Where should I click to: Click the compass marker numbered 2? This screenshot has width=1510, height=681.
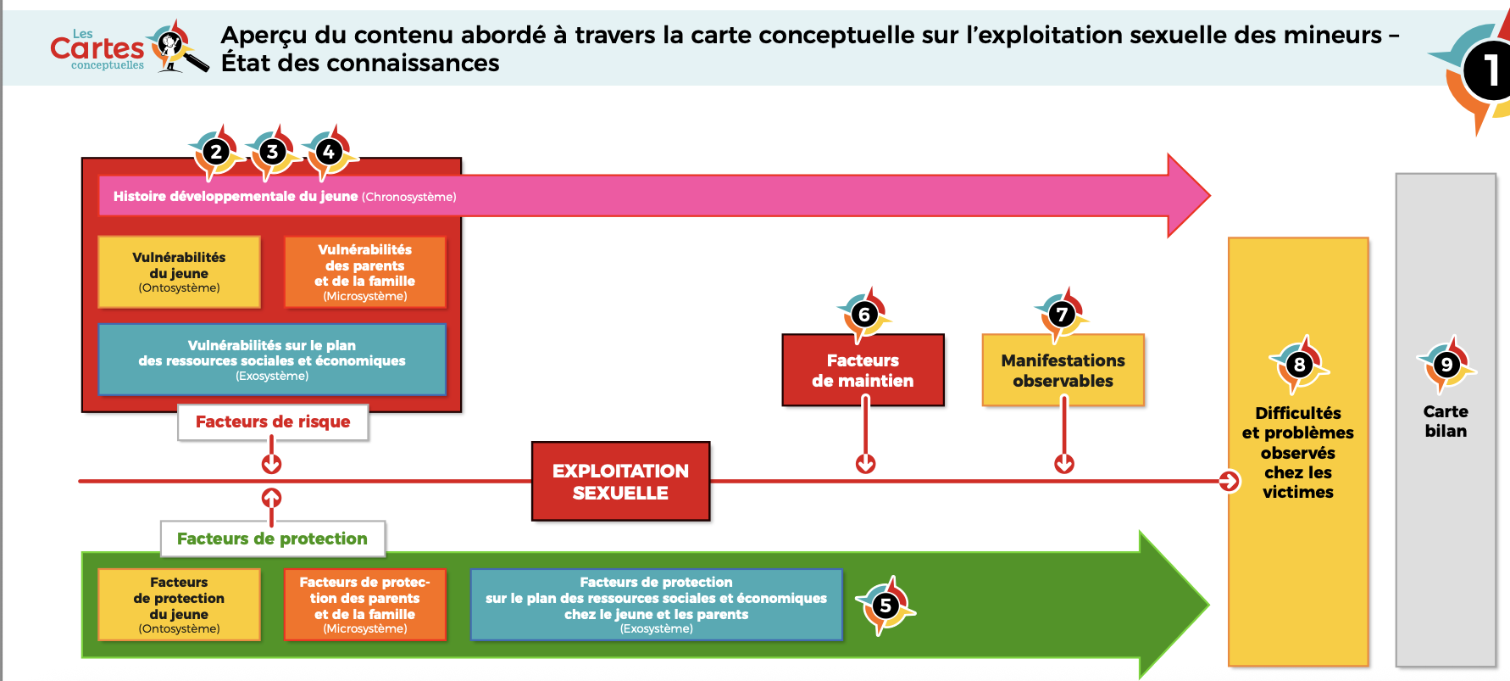tap(216, 153)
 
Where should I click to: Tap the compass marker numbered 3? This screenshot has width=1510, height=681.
tap(272, 153)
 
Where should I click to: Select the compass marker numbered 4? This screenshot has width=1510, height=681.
tap(329, 153)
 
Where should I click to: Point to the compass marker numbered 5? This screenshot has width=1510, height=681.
tap(885, 606)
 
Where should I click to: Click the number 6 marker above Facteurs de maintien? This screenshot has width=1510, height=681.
tap(864, 315)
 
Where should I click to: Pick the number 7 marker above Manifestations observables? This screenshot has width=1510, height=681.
tap(1062, 315)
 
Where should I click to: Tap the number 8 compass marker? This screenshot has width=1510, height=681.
tap(1299, 365)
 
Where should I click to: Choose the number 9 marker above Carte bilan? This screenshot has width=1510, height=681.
tap(1446, 365)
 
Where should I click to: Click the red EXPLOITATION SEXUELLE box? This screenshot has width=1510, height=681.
tap(620, 482)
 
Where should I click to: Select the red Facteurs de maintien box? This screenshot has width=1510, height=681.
tap(863, 371)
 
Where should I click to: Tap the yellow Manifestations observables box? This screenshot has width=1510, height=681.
tap(1063, 371)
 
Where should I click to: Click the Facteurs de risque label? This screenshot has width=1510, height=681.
tap(273, 421)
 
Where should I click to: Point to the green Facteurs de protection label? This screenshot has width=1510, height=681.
tap(272, 539)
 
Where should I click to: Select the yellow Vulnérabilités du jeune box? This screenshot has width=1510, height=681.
tap(179, 272)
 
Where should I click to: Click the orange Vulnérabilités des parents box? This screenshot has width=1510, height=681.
tap(364, 272)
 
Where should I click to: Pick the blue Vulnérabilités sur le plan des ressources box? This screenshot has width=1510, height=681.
tap(272, 360)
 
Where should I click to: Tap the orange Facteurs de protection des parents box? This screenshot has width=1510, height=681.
tap(364, 605)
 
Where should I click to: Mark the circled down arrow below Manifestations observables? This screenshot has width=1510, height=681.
tap(1064, 464)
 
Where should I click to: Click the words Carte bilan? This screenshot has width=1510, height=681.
tap(1446, 421)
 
